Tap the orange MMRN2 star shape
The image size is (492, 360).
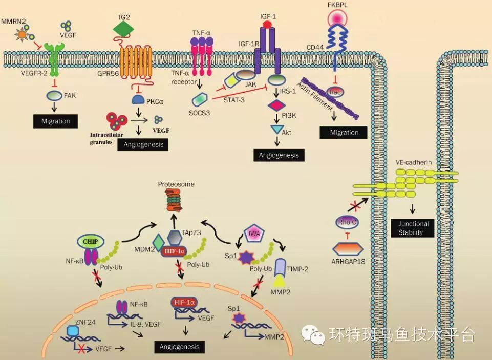coord(22,35)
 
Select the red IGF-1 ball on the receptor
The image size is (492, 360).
coord(266,24)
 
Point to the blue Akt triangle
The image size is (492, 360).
coord(277,131)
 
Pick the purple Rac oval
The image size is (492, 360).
coord(335,92)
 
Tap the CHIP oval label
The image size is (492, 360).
coord(91,241)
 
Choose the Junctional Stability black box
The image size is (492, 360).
coord(412,228)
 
